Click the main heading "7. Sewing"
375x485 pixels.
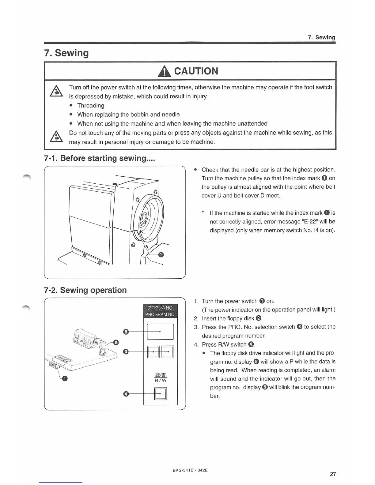click(66, 53)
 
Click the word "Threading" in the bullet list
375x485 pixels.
click(91, 106)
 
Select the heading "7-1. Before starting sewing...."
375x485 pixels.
click(100, 158)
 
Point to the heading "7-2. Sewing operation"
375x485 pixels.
click(85, 290)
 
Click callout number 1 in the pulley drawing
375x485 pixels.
click(161, 255)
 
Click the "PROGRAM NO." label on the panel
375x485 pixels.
click(160, 314)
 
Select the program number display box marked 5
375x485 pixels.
click(160, 332)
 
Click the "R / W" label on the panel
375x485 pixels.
click(161, 380)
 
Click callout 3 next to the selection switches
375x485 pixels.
click(125, 352)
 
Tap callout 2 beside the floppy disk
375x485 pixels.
click(116, 342)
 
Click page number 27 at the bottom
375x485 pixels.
click(333, 474)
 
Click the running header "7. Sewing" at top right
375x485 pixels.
click(321, 37)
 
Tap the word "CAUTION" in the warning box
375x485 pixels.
click(196, 71)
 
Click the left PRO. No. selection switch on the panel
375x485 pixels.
click(153, 352)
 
